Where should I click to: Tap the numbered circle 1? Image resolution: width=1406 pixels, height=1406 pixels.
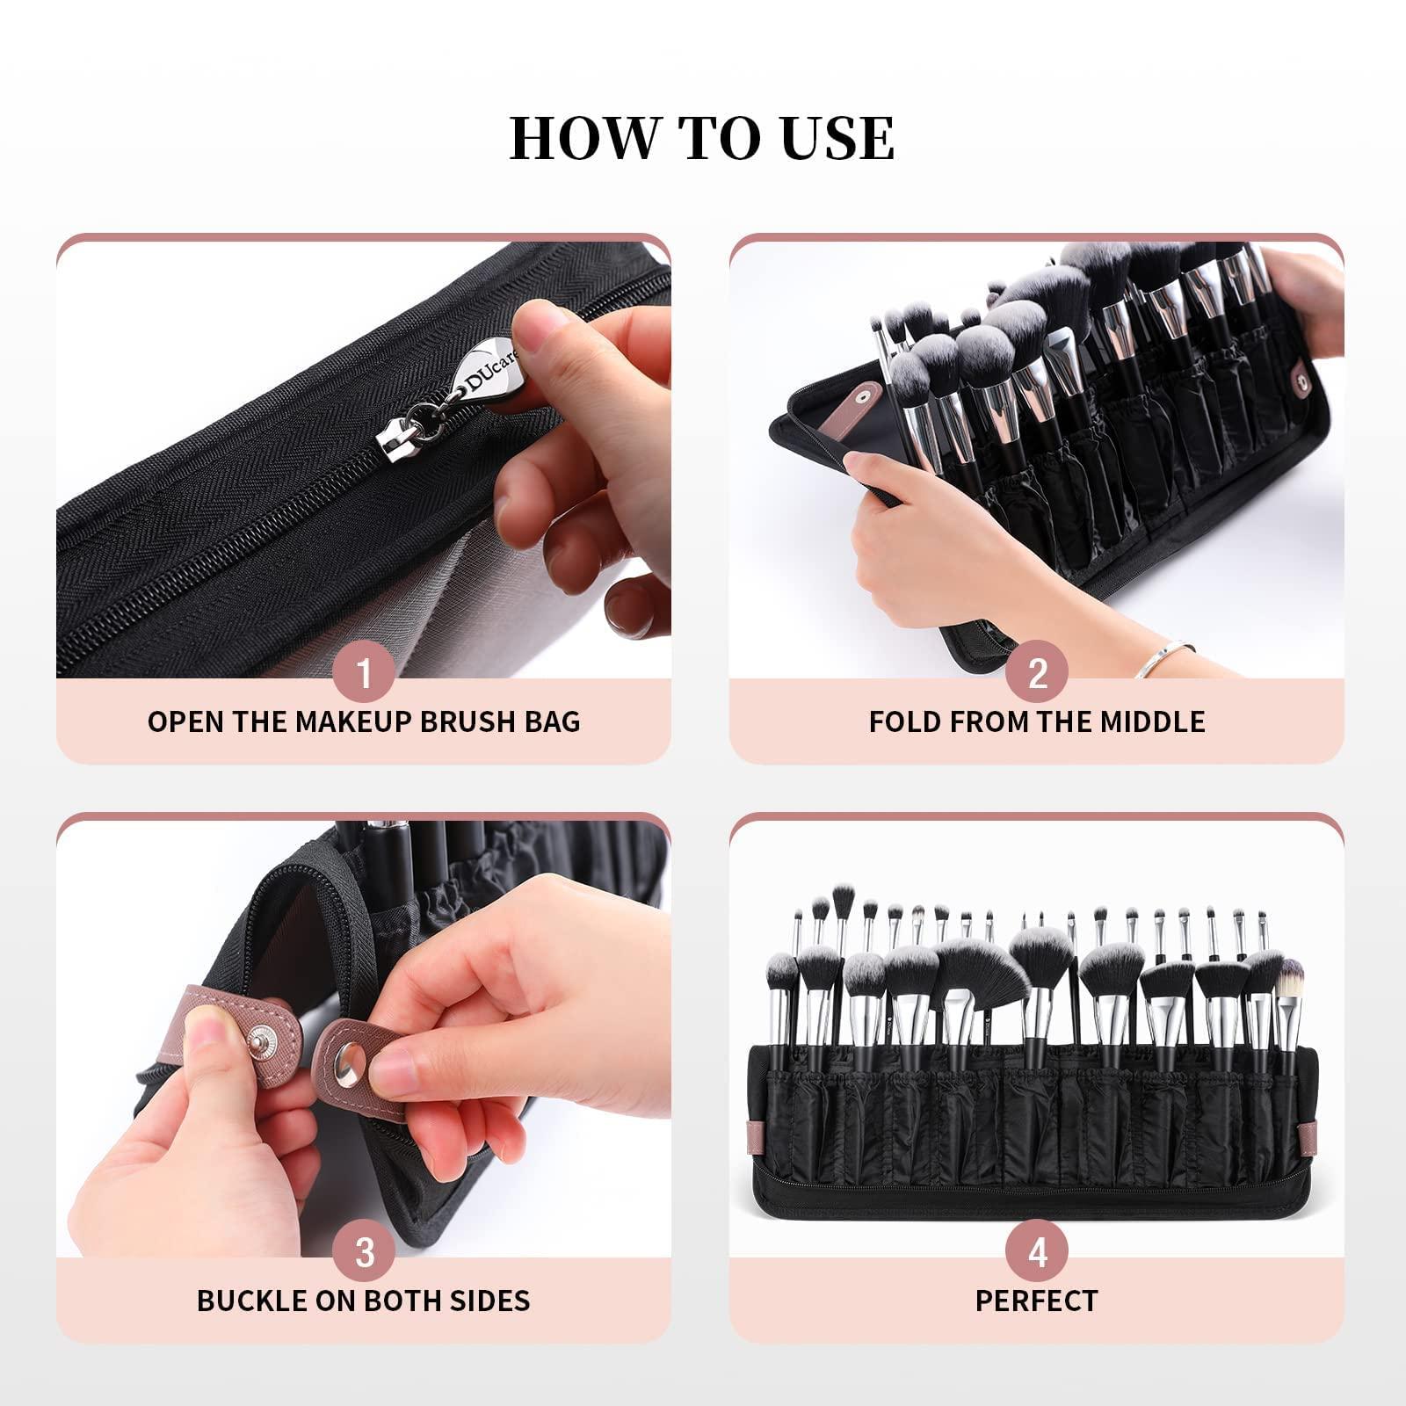[x=364, y=674]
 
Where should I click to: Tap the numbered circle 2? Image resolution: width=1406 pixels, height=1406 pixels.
[x=1038, y=674]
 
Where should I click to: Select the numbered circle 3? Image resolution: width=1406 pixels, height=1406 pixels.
[x=364, y=1252]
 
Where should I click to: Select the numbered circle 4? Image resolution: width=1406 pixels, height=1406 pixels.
[x=1038, y=1252]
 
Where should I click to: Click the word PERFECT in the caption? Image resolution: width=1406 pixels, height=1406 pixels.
[x=1037, y=1301]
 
